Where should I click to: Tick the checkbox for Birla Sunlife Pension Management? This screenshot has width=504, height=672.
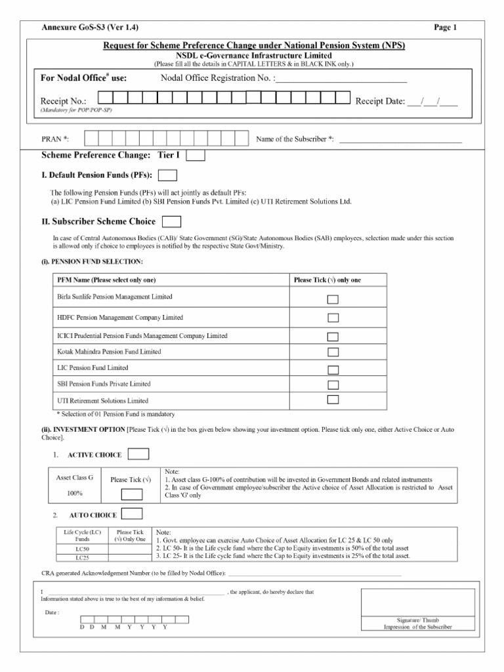333,300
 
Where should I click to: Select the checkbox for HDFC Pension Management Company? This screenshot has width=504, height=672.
333,318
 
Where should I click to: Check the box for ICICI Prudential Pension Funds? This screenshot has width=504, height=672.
333,337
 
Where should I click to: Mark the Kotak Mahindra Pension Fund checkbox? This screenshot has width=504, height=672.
333,353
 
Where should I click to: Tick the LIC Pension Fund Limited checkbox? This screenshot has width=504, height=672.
333,369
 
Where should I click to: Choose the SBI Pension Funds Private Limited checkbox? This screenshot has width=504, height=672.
333,385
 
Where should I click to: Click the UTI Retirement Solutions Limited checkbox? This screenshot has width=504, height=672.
333,399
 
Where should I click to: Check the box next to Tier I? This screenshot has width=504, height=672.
196,156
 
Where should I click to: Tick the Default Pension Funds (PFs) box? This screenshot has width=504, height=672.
168,175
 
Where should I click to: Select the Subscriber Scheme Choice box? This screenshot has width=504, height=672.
172,222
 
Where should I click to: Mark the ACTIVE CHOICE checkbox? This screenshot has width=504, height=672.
138,454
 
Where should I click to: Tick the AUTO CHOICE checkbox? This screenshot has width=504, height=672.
133,513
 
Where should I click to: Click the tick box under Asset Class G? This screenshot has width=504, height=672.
131,494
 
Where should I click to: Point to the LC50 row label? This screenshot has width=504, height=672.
82,548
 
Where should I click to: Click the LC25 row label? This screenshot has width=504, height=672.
82,557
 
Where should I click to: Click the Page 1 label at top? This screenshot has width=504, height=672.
445,27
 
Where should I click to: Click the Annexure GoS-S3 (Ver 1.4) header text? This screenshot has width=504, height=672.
90,27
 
